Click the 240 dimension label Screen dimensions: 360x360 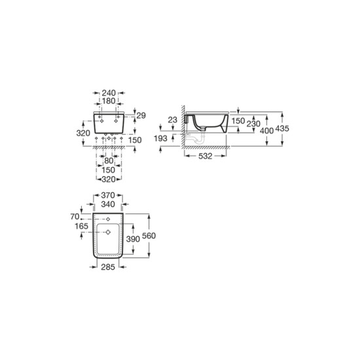(109, 93)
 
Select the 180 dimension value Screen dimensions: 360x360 (109, 101)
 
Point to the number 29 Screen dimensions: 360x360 (141, 115)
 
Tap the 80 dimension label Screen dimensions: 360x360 (109, 161)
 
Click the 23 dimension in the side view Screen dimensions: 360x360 (172, 120)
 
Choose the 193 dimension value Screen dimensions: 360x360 (160, 139)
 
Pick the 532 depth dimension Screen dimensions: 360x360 (206, 156)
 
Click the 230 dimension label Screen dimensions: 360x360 (253, 124)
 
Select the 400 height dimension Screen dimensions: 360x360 (267, 131)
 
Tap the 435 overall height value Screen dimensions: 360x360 (282, 128)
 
